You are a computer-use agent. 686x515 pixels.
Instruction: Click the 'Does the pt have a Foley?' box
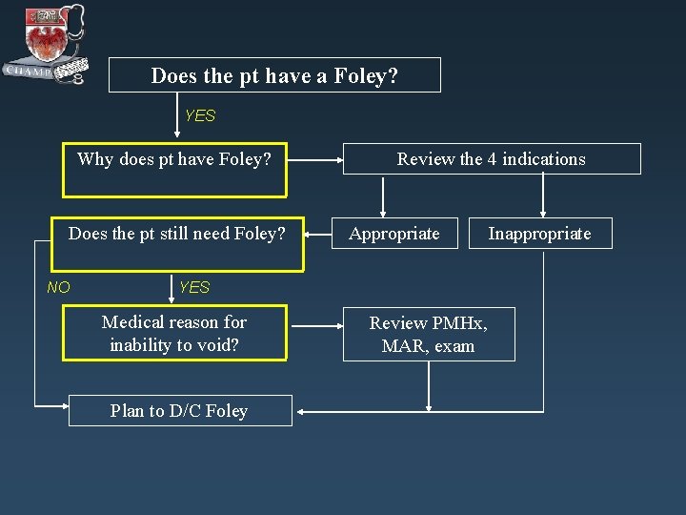tap(274, 75)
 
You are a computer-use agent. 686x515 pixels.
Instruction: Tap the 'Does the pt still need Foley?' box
tap(177, 234)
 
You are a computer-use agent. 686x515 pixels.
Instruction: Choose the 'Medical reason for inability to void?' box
tap(174, 334)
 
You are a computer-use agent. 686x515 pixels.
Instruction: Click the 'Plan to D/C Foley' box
tap(179, 411)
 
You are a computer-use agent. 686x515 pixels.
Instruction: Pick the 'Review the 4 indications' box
tap(491, 159)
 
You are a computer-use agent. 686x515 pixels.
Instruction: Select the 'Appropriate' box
tap(394, 234)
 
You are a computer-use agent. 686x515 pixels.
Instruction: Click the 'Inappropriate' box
tap(539, 234)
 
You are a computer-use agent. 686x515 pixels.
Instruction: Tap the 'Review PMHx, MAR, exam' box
tap(429, 334)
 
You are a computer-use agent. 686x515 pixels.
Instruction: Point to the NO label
tap(58, 286)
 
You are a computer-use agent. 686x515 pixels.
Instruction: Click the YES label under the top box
tap(200, 116)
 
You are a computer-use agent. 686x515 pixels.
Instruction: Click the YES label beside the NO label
tap(194, 287)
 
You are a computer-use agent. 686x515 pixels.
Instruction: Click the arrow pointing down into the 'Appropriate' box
tap(383, 210)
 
